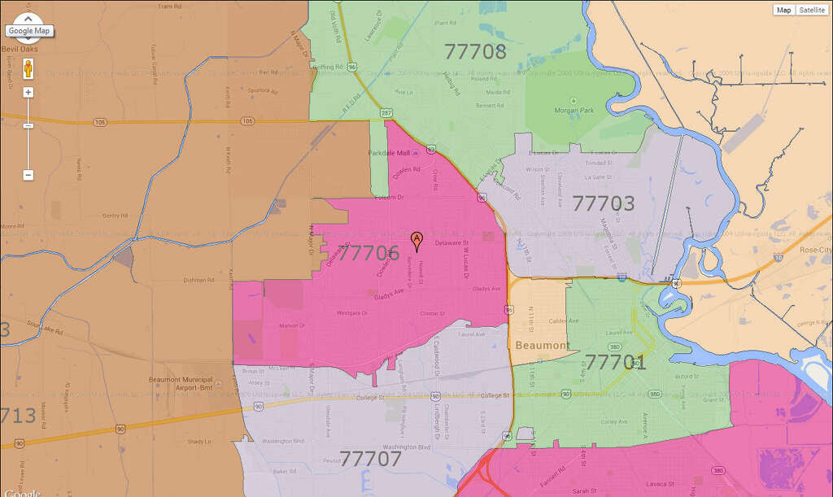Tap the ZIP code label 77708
[476, 52]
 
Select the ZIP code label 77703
[603, 203]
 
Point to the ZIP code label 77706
[368, 253]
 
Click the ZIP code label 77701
[616, 362]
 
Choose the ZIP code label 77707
[371, 459]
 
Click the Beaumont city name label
[543, 346]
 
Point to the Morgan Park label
[573, 110]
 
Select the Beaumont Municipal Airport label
[181, 384]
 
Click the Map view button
[783, 10]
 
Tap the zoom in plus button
[28, 92]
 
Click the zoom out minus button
[28, 175]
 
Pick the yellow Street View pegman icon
[28, 68]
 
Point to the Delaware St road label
[452, 243]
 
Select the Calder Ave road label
[563, 321]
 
